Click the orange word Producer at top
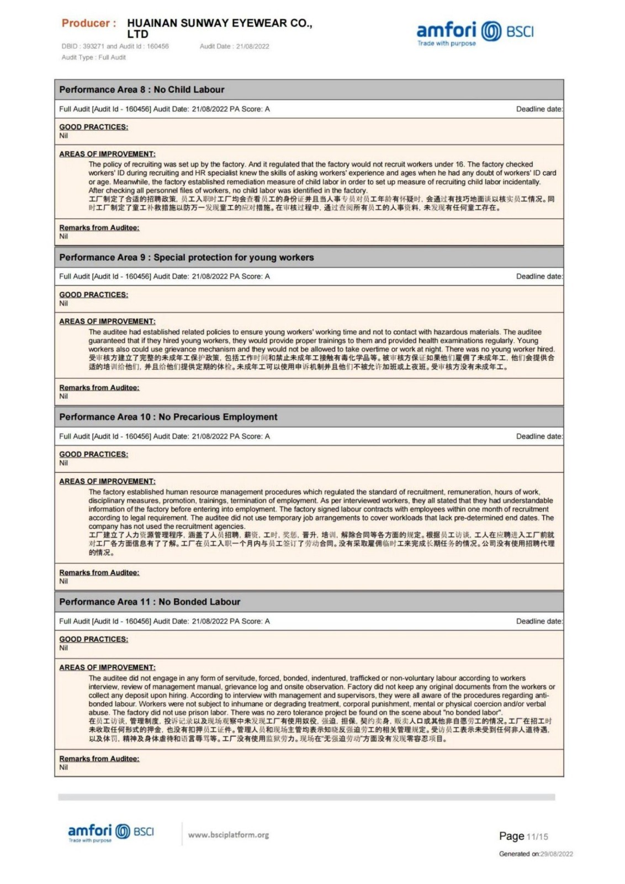pos(88,23)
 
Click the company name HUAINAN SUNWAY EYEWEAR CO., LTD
pos(219,28)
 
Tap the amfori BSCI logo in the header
pos(475,33)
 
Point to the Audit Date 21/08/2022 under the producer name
pos(234,46)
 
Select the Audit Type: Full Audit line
pos(93,57)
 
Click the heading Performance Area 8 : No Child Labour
pos(142,90)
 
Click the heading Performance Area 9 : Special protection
pos(186,257)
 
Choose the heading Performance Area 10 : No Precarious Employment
pos(168,417)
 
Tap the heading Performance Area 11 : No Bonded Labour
pos(150,602)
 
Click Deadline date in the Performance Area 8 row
pos(539,109)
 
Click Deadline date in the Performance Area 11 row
pos(539,622)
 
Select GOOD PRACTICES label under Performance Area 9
pos(93,295)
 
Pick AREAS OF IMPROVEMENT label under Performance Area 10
pos(107,481)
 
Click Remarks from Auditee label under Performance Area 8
pos(99,228)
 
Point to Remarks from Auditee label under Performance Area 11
pos(99,759)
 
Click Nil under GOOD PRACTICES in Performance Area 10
pos(63,463)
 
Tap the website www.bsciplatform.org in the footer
pos(228,835)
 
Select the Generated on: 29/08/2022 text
pos(536,854)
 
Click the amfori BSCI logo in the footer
pos(110,832)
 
